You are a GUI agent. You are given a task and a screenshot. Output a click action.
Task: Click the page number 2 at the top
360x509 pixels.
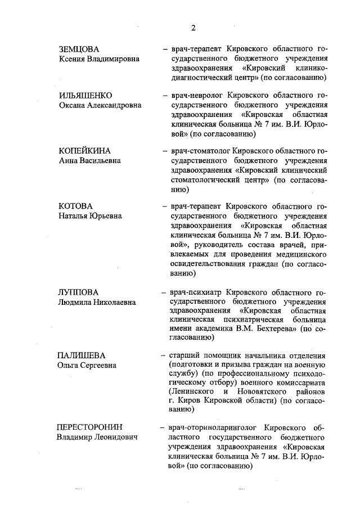click(193, 28)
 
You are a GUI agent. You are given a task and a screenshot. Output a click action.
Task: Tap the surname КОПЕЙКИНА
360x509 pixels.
click(85, 150)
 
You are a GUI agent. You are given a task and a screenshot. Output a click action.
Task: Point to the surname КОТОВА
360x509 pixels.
click(76, 206)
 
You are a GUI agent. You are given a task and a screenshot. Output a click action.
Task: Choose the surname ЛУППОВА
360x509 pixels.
click(78, 292)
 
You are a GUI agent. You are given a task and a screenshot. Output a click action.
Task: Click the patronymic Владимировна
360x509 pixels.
click(112, 59)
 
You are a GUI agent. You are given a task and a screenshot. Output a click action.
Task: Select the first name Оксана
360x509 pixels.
click(73, 105)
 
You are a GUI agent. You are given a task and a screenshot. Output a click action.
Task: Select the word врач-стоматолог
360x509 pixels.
click(195, 150)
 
